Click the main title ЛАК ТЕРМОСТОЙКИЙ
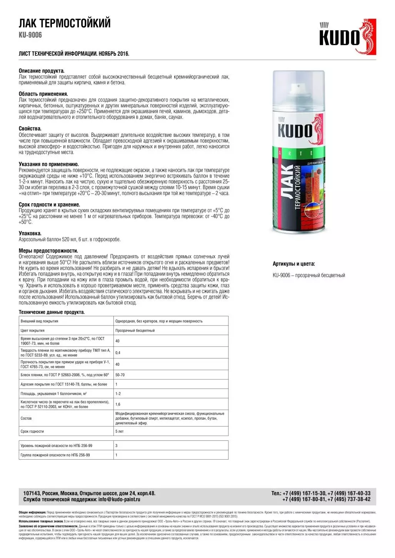pos(65,23)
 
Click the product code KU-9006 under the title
pos(30,35)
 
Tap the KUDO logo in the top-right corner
pos(347,37)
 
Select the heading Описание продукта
pos(42,71)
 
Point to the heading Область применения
pos(43,94)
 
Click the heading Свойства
pos(30,129)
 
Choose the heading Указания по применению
pos(49,164)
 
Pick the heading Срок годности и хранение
pos(49,205)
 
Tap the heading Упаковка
pos(30,233)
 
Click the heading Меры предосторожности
pos(48,251)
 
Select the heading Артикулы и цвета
pos(294,264)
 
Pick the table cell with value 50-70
pos(120,375)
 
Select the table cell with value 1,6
pos(118,404)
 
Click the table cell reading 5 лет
pos(119,432)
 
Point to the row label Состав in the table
pos(26,418)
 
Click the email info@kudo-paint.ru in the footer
pos(119,499)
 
